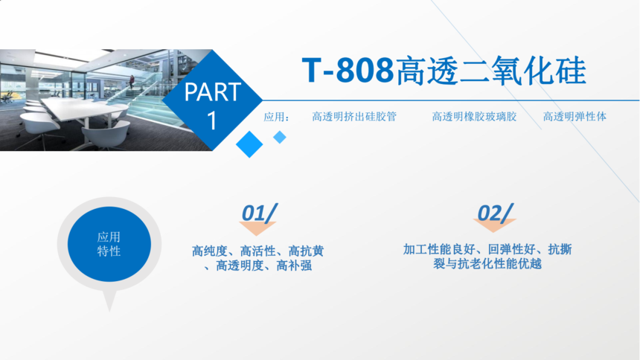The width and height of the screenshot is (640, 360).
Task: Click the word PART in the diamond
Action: (212, 91)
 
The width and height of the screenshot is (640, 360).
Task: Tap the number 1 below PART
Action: (212, 120)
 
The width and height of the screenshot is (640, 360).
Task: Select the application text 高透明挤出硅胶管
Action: (354, 117)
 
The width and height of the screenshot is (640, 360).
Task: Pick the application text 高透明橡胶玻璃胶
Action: (474, 117)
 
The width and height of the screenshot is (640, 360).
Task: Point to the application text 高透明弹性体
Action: (575, 117)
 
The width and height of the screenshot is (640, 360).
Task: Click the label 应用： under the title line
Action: (276, 117)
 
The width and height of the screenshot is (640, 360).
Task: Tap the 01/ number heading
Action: (259, 213)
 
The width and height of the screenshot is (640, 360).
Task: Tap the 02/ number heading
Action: (495, 213)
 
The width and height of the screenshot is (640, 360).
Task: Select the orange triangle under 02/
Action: (494, 225)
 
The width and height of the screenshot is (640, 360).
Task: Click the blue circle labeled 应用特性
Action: (109, 244)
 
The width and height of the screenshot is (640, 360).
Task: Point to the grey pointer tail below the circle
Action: (109, 300)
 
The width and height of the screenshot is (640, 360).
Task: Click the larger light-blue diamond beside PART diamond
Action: (249, 144)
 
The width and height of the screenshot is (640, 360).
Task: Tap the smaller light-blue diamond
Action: (280, 137)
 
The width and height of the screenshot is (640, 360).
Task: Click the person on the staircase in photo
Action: (132, 82)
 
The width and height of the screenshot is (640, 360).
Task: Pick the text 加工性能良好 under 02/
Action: (439, 249)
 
